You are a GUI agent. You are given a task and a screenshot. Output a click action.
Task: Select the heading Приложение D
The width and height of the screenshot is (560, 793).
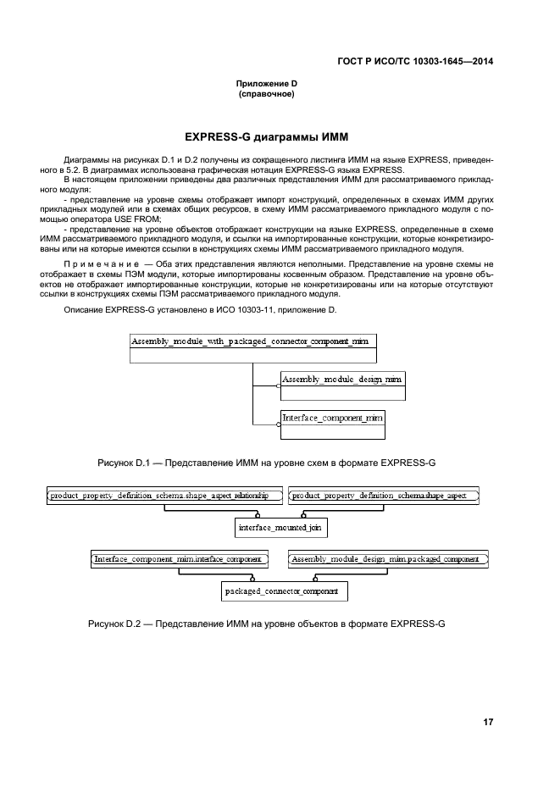pyautogui.click(x=266, y=84)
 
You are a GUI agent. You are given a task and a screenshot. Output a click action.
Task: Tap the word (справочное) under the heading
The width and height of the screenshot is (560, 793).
pyautogui.click(x=266, y=94)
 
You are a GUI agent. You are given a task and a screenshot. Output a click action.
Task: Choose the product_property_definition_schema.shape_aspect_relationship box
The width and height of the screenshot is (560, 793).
pyautogui.click(x=159, y=495)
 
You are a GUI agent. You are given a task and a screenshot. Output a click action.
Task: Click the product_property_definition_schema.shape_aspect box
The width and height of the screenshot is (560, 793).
pyautogui.click(x=384, y=495)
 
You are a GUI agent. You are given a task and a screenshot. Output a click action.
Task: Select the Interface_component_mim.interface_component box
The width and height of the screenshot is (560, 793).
pyautogui.click(x=179, y=559)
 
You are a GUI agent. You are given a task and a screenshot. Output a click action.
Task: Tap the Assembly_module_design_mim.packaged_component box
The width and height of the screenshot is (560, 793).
pyautogui.click(x=388, y=559)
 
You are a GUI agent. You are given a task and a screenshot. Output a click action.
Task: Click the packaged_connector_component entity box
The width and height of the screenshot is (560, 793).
pyautogui.click(x=280, y=591)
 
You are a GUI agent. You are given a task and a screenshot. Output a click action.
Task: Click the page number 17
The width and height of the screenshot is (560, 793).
pyautogui.click(x=488, y=722)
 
